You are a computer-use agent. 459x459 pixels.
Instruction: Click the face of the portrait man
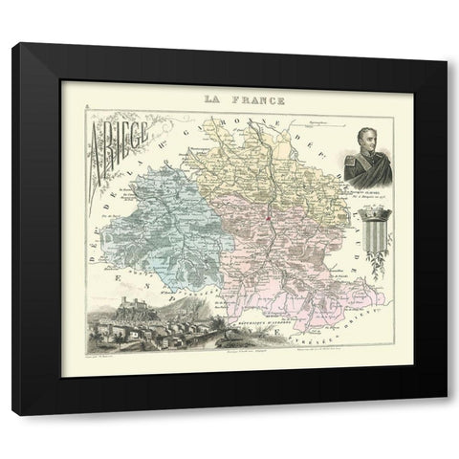coord(346,134)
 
